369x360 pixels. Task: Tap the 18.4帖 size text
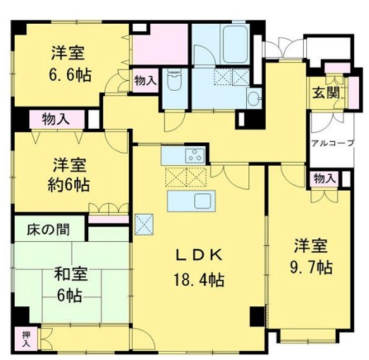pos(199,281)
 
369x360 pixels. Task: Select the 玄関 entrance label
pos(326,93)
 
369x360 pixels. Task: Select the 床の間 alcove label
pos(48,230)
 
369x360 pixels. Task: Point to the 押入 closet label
pos(27,338)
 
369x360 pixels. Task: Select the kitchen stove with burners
pos(194,155)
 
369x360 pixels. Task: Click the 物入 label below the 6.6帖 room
pos(57,120)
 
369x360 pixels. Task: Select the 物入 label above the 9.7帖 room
pos(325,179)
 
